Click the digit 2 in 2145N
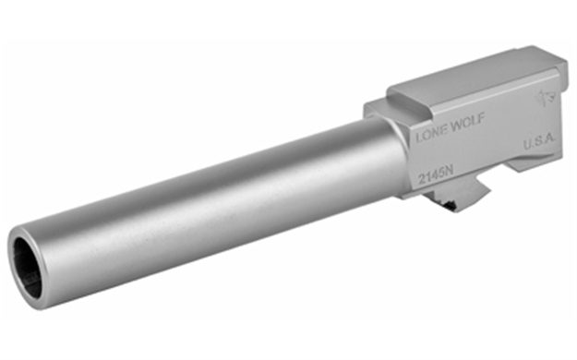click(419, 175)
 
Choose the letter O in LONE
click(426, 134)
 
